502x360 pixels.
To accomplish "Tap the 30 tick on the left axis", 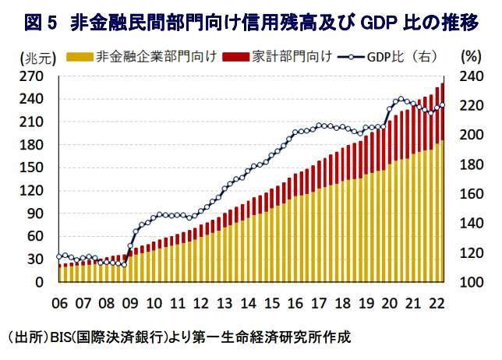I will [x=37, y=259].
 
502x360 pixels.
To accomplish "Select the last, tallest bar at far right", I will [x=443, y=187].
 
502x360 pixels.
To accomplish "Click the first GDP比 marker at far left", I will [x=59, y=256].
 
